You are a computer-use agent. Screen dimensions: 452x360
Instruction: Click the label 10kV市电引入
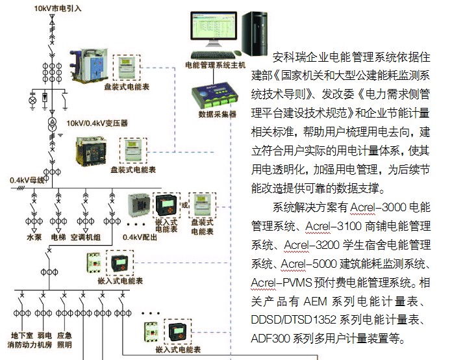pyautogui.click(x=58, y=8)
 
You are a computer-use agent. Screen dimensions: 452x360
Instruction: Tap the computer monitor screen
pyautogui.click(x=214, y=26)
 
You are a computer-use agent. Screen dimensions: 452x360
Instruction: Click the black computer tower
pyautogui.click(x=255, y=34)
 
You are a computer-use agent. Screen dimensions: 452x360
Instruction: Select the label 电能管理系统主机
pyautogui.click(x=215, y=65)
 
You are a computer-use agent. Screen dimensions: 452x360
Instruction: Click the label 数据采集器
pyautogui.click(x=218, y=114)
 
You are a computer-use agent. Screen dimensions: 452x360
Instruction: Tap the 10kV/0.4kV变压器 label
pyautogui.click(x=97, y=123)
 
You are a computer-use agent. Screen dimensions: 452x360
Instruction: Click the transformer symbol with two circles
pyautogui.click(x=52, y=124)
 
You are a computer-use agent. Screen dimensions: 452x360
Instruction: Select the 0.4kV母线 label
pyautogui.click(x=27, y=180)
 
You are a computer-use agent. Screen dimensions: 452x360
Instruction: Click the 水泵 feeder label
pyautogui.click(x=34, y=237)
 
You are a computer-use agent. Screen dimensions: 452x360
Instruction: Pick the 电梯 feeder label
pyautogui.click(x=58, y=237)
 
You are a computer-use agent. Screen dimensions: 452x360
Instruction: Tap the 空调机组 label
pyautogui.click(x=85, y=237)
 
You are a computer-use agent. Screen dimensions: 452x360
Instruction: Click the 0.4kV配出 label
pyautogui.click(x=140, y=237)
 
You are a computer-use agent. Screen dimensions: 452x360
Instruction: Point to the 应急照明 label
pyautogui.click(x=64, y=340)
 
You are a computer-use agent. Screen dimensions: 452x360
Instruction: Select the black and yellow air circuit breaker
pyautogui.click(x=90, y=151)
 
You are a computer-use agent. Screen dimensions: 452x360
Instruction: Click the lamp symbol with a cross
pyautogui.click(x=33, y=100)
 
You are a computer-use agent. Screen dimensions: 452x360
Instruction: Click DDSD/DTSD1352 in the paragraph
pyautogui.click(x=294, y=320)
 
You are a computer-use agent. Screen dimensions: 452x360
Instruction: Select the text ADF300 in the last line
pyautogui.click(x=270, y=339)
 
